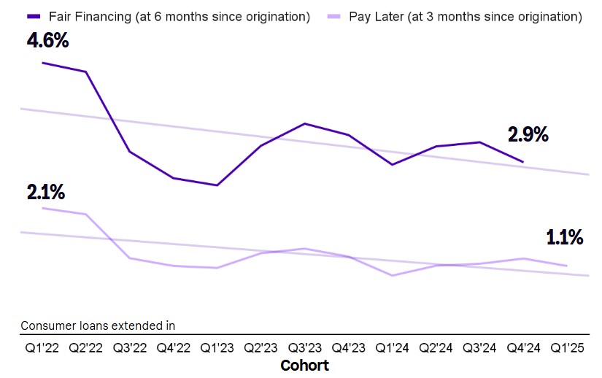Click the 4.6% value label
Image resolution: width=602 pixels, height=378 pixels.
(x=47, y=40)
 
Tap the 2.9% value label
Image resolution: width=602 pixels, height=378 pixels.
(x=528, y=135)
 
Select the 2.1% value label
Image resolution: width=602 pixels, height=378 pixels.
(x=46, y=192)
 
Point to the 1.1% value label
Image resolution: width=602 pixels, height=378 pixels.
(x=565, y=238)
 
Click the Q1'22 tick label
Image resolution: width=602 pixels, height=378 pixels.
(x=42, y=347)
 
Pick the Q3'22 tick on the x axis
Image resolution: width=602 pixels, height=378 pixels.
(x=130, y=347)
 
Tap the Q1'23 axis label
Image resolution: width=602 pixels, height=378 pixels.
(x=217, y=347)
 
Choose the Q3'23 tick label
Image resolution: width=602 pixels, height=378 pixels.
(x=305, y=347)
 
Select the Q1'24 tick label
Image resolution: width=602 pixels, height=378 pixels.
(x=392, y=347)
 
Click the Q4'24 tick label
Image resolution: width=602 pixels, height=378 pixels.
(x=523, y=347)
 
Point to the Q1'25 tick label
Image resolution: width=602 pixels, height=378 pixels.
(x=567, y=347)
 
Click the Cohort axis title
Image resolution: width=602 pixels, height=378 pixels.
(x=305, y=366)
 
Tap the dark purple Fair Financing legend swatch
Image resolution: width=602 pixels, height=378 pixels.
(x=34, y=17)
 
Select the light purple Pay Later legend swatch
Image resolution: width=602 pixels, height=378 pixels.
(x=333, y=17)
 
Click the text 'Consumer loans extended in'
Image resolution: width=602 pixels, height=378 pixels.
(x=98, y=325)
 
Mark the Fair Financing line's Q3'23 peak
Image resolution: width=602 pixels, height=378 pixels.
(x=305, y=123)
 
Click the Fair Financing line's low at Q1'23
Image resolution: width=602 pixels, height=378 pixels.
(x=217, y=185)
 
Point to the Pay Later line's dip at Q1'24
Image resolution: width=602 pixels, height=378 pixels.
(x=392, y=276)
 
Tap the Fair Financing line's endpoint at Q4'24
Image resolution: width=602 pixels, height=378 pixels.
(x=523, y=162)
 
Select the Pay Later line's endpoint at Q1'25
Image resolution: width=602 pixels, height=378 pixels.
(x=567, y=266)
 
